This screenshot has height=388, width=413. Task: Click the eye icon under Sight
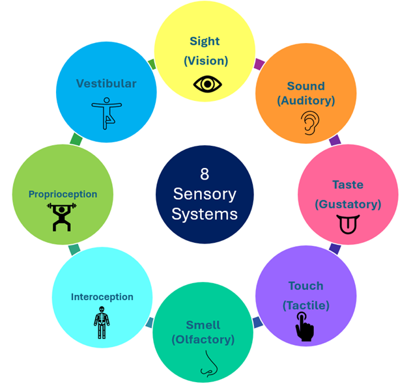[208, 84]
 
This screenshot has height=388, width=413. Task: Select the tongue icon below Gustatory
[349, 225]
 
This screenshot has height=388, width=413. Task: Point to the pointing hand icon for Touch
[304, 326]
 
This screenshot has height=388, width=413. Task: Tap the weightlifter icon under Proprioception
[62, 217]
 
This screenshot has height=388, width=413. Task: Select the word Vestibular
[106, 83]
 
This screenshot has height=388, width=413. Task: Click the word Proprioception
[63, 194]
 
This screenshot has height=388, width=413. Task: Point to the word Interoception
[102, 297]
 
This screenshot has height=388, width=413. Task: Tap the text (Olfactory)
[203, 339]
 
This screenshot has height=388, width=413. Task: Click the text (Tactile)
[306, 305]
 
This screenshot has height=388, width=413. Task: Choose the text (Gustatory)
[348, 204]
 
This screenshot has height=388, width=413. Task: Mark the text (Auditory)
[306, 101]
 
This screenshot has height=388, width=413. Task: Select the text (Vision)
[205, 61]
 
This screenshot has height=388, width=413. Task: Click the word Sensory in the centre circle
[204, 194]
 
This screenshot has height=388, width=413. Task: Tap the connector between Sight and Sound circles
[259, 64]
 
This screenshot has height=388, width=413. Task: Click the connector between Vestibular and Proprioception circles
[76, 139]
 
